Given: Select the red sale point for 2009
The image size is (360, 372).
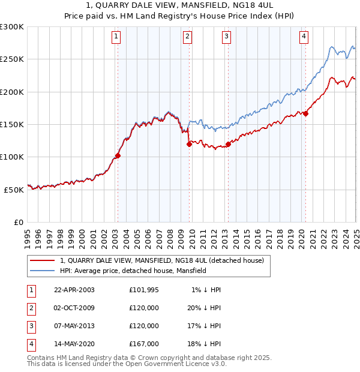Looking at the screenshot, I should tap(189, 144).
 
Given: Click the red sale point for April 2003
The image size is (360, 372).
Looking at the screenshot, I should tap(118, 155).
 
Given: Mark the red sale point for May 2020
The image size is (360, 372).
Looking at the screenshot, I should tap(305, 113).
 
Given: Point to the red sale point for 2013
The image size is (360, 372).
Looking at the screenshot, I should tap(228, 144).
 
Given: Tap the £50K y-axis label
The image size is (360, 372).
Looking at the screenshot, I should tap(14, 190).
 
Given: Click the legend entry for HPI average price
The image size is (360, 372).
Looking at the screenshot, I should tap(133, 271).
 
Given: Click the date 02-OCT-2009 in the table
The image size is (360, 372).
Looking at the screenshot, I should tap(74, 308).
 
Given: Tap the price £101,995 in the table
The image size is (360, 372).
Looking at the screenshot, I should tap(144, 290).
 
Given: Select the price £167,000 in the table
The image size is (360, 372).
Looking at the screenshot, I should tap(144, 344).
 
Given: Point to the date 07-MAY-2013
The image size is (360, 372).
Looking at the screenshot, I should tap(74, 326).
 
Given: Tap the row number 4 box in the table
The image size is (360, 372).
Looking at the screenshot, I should tap(31, 344).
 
